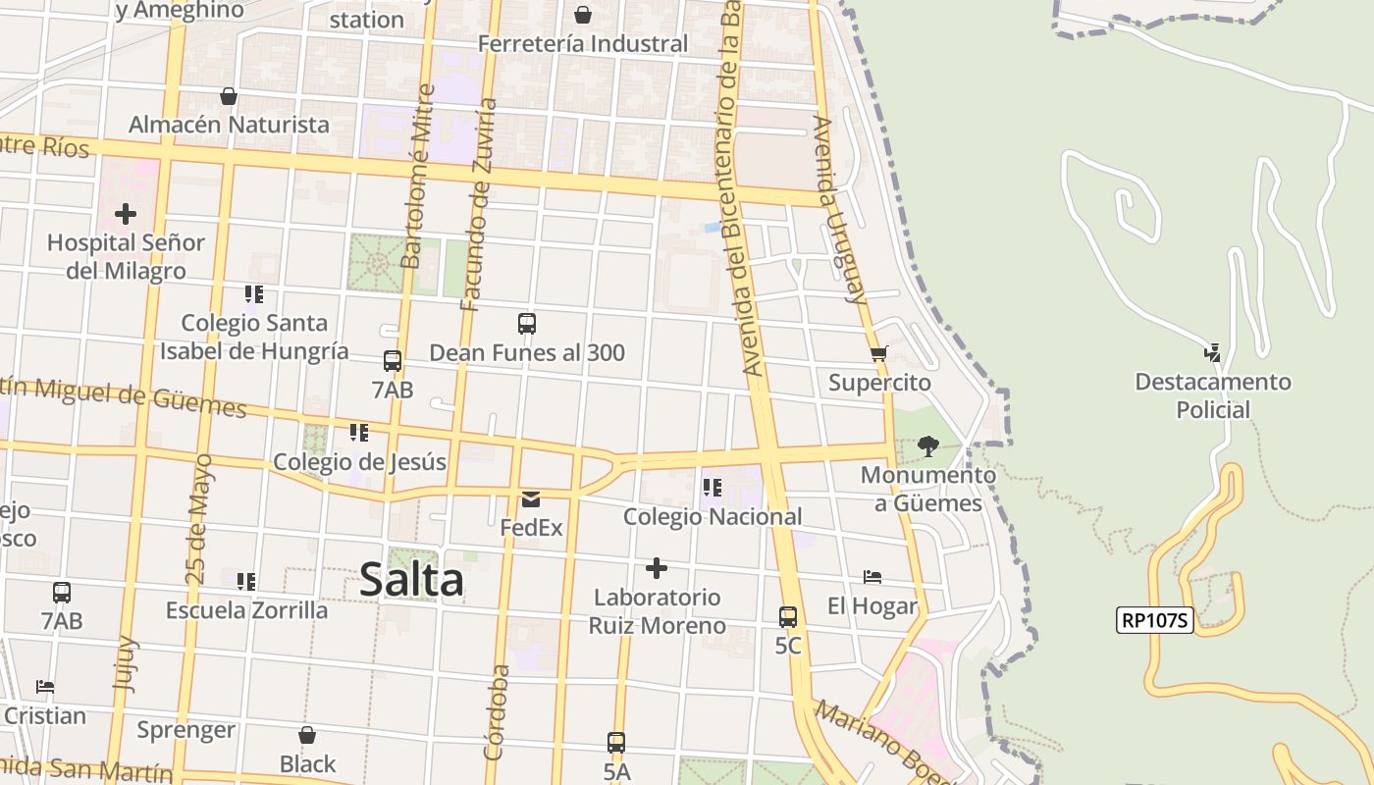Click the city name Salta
(411, 579)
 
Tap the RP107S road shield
(1154, 620)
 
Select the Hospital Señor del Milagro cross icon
(126, 214)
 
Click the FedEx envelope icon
(531, 499)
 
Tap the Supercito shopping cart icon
(878, 354)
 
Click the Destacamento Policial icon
(1213, 353)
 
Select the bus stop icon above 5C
(788, 617)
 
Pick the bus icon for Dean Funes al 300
(527, 324)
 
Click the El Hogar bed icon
(872, 577)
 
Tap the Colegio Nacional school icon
(713, 488)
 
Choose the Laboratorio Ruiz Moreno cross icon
(657, 568)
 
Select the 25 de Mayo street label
(199, 520)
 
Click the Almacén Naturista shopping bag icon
(229, 96)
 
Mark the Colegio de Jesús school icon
(359, 433)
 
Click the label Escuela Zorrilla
(246, 610)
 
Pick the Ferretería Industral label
(583, 44)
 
